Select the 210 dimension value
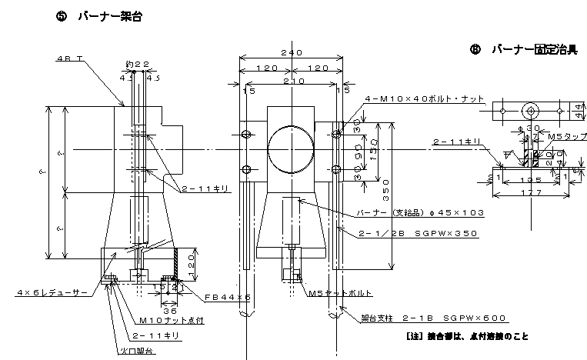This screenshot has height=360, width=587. [x=291, y=81]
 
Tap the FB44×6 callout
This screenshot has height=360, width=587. [x=228, y=296]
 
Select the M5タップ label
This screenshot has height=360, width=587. [x=562, y=135]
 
